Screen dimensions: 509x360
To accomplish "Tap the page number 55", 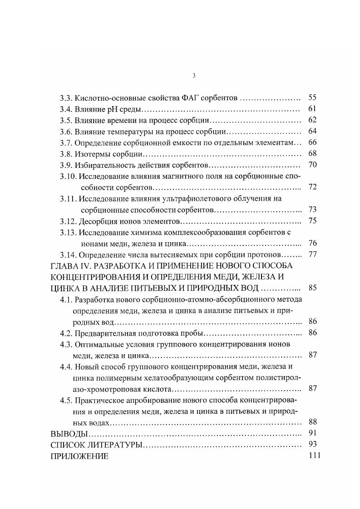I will [x=312, y=97].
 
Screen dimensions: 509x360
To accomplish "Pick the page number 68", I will [x=312, y=153].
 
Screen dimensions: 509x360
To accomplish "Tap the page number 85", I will [x=312, y=287].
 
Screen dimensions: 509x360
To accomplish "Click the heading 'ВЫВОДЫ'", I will [x=67, y=433].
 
